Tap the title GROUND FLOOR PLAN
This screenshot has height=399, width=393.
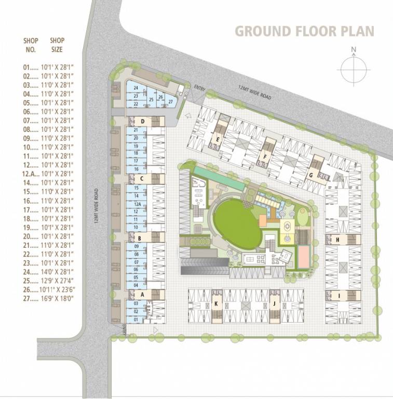click(304, 31)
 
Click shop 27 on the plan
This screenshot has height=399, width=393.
click(170, 101)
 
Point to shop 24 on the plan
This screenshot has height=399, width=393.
click(135, 88)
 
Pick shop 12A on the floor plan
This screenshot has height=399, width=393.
click(137, 205)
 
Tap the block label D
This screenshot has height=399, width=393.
click(142, 122)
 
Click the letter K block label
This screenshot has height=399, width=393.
click(215, 302)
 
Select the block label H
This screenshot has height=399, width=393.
click(337, 240)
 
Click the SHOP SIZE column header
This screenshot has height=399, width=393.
click(57, 45)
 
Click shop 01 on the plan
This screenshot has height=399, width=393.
click(136, 320)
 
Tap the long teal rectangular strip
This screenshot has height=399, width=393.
click(218, 178)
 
